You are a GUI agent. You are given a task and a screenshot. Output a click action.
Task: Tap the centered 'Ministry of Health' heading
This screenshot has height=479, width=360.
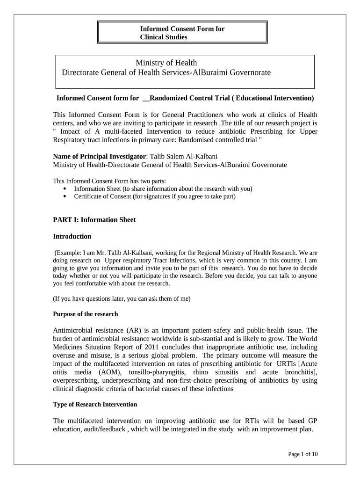click(x=166, y=63)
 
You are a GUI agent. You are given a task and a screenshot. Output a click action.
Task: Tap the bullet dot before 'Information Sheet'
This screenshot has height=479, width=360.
click(x=64, y=189)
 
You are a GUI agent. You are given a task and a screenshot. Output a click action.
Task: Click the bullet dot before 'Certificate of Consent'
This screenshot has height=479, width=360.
click(x=64, y=196)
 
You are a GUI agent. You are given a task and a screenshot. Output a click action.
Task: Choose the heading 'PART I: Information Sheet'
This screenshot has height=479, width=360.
click(x=94, y=220)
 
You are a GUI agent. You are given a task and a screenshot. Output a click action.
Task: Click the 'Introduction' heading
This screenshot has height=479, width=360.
click(x=72, y=236)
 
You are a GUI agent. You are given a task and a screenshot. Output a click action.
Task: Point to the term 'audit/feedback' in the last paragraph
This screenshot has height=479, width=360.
click(x=108, y=429)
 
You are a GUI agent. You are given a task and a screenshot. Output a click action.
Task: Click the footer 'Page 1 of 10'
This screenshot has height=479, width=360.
click(x=303, y=454)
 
